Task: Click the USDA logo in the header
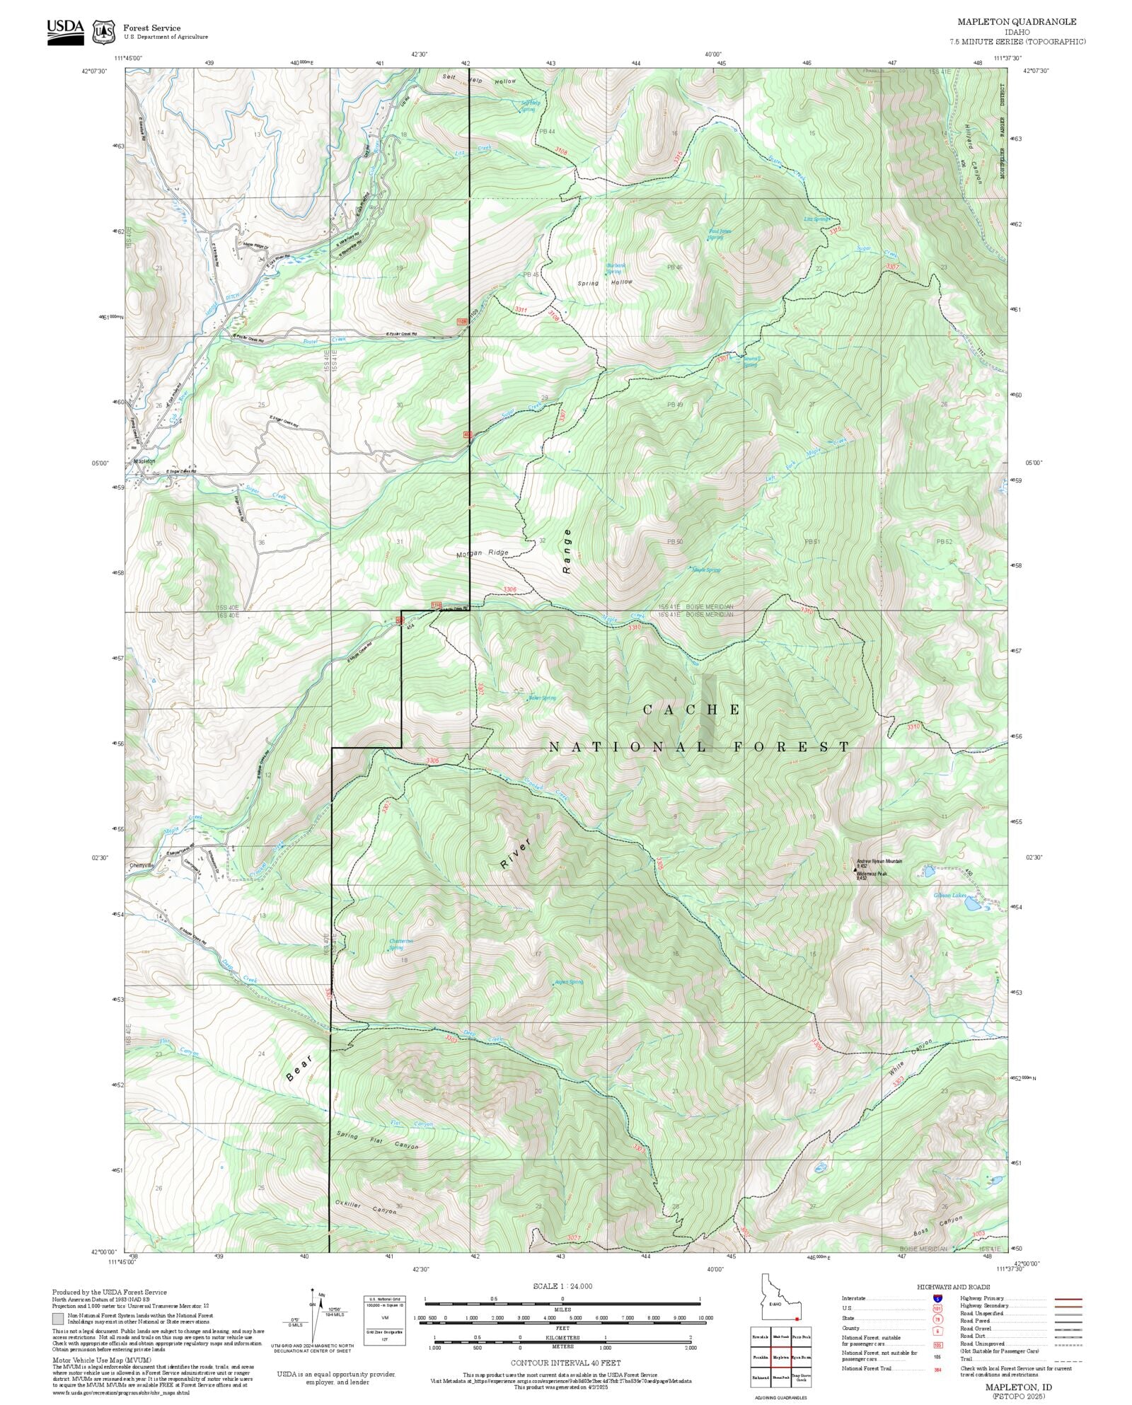pyautogui.click(x=65, y=31)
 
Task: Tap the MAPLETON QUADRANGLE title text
pyautogui.click(x=1017, y=22)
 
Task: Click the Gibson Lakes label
pyautogui.click(x=949, y=896)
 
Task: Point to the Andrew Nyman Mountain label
pyautogui.click(x=879, y=862)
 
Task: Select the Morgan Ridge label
pyautogui.click(x=483, y=553)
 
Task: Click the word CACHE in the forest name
pyautogui.click(x=692, y=710)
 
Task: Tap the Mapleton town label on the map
pyautogui.click(x=144, y=461)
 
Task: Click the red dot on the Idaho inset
pyautogui.click(x=797, y=1319)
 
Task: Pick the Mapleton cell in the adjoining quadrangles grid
pyautogui.click(x=780, y=1358)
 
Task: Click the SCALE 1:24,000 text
pyautogui.click(x=562, y=1286)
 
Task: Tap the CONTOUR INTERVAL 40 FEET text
pyautogui.click(x=565, y=1363)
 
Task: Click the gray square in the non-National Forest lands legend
pyautogui.click(x=57, y=1319)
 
